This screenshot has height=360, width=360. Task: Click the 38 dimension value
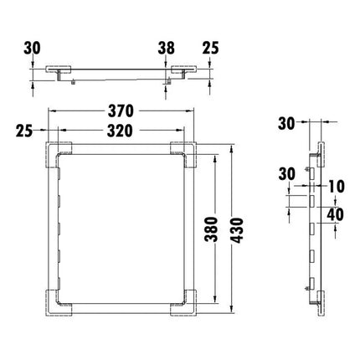click(167, 49)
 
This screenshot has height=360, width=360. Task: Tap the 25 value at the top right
click(209, 49)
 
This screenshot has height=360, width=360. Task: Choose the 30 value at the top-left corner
click(32, 49)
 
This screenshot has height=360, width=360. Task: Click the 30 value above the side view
click(286, 125)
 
